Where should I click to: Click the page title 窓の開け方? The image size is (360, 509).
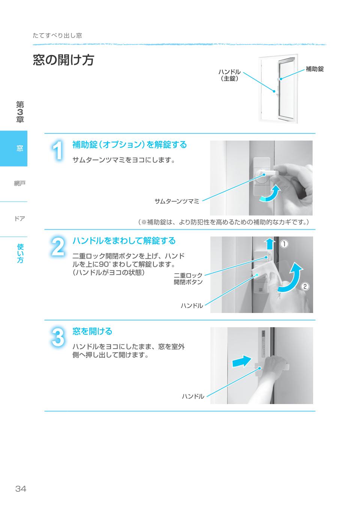[63, 60]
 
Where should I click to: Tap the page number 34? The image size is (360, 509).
[21, 489]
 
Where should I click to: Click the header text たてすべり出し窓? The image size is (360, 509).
[57, 36]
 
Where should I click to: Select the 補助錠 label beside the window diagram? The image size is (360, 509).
[314, 69]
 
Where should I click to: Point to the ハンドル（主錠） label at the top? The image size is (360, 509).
[229, 75]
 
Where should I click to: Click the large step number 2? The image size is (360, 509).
[57, 248]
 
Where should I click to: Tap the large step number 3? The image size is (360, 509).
[57, 338]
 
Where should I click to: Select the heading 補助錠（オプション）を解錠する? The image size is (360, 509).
[129, 145]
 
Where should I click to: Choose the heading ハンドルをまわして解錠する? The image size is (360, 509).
[124, 241]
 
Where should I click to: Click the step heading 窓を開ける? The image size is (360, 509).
[92, 331]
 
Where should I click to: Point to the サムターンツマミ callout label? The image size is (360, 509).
[177, 201]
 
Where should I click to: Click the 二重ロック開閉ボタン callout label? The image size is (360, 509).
[188, 279]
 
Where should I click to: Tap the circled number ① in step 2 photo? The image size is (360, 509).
[285, 244]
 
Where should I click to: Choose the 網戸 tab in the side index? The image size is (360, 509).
[19, 183]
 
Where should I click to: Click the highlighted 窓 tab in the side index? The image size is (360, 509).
[19, 148]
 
